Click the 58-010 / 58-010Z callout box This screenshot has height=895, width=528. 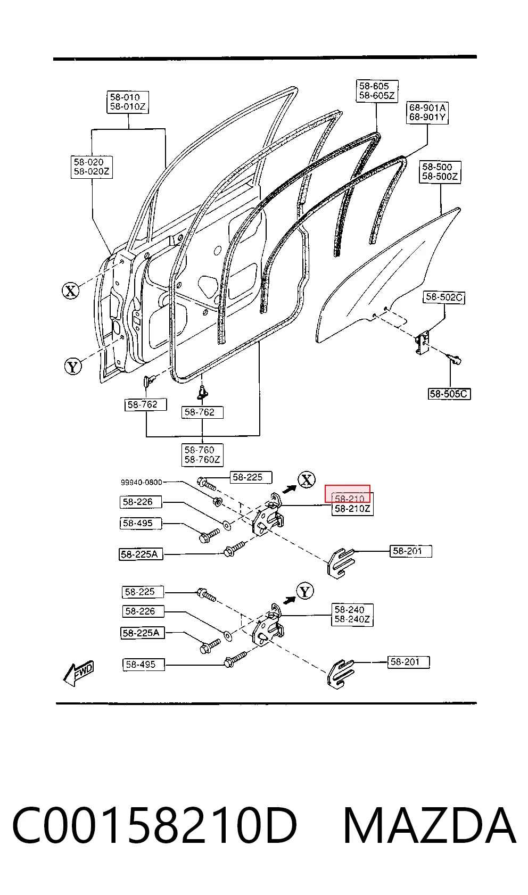(128, 102)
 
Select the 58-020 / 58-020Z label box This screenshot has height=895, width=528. (92, 167)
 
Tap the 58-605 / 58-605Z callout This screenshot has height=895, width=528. (377, 91)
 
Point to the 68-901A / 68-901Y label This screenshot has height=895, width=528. (427, 113)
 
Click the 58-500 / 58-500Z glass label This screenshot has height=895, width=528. (440, 172)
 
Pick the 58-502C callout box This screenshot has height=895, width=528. (444, 297)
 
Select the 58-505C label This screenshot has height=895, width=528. (449, 394)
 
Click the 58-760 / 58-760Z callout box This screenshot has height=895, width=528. (202, 455)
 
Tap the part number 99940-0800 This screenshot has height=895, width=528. (142, 482)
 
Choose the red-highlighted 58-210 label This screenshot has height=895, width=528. (348, 494)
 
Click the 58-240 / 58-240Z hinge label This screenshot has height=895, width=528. (352, 615)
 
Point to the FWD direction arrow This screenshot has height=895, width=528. (79, 673)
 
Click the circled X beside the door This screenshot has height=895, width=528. (71, 291)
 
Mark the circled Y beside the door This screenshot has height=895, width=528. (73, 367)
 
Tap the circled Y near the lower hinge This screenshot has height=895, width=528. (305, 591)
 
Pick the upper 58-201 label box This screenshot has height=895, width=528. (411, 551)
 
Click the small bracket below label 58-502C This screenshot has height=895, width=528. (422, 343)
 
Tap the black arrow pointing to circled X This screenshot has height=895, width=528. (290, 488)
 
